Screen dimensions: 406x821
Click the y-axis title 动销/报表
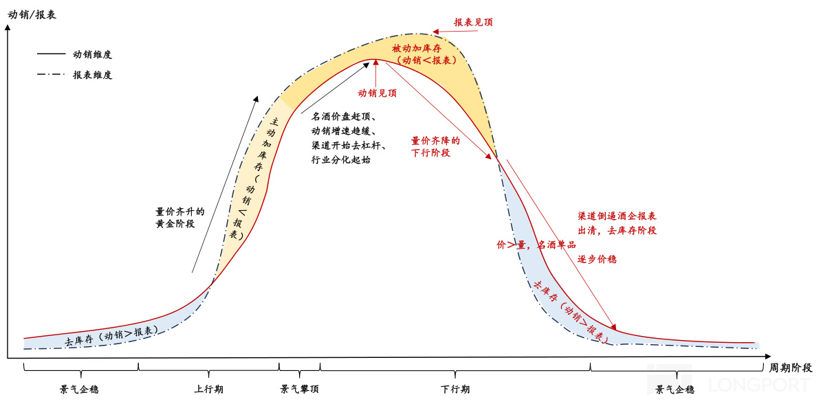tap(32, 14)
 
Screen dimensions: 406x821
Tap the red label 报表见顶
tap(473, 22)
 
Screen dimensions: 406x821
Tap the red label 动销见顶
tap(377, 93)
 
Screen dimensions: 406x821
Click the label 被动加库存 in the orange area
tap(417, 48)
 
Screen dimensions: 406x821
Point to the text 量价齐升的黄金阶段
tap(180, 218)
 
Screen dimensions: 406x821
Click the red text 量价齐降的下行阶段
tap(435, 146)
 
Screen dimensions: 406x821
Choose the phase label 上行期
tap(208, 390)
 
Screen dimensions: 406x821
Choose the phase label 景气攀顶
tap(300, 390)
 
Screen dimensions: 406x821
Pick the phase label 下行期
tap(455, 390)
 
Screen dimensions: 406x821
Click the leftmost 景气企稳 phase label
tap(79, 390)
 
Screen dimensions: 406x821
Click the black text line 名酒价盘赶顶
tap(343, 117)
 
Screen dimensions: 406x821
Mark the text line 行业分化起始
tap(341, 160)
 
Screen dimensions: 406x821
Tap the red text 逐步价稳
tap(597, 259)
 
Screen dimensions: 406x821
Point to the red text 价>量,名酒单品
tap(536, 245)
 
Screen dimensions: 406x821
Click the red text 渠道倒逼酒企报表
tap(617, 215)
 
